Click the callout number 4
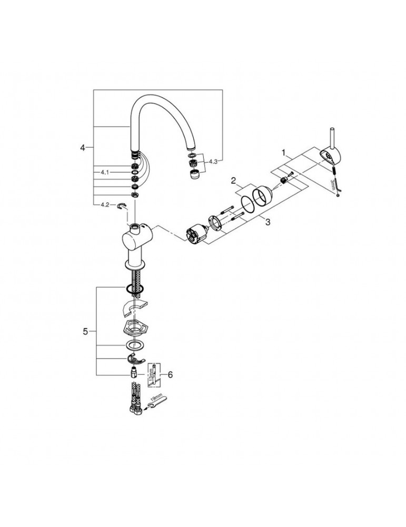tap(82, 148)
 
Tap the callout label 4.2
tap(103, 204)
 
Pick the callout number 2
tap(232, 181)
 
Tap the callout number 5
tap(85, 331)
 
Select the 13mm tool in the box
tap(153, 374)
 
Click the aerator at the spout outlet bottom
tap(194, 173)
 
